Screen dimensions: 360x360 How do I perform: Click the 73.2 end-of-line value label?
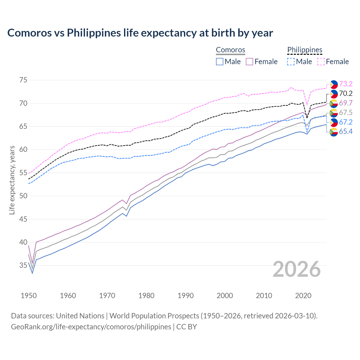tap(346, 84)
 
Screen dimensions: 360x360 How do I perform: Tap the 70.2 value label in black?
tap(346, 93)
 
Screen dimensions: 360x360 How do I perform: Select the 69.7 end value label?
tap(346, 103)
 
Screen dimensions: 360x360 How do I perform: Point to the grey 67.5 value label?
tap(346, 112)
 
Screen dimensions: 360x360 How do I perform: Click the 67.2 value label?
tap(346, 122)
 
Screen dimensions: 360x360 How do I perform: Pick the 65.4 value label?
tap(346, 131)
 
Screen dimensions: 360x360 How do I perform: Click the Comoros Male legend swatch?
tap(220, 62)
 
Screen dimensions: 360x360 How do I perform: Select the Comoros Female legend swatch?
tap(249, 62)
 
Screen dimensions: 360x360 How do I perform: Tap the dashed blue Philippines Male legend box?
tap(291, 62)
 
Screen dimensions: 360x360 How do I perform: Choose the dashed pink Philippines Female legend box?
tap(321, 62)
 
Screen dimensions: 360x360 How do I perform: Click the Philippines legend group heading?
tap(305, 50)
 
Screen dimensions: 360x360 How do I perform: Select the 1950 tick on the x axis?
tap(29, 296)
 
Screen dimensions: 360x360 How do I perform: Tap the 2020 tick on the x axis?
tap(303, 296)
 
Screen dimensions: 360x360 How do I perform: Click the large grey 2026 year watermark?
tap(296, 269)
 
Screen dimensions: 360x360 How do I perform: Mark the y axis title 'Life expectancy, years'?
tap(12, 180)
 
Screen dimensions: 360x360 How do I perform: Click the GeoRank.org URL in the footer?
tap(91, 327)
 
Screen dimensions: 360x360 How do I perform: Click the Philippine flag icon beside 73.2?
tap(334, 84)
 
